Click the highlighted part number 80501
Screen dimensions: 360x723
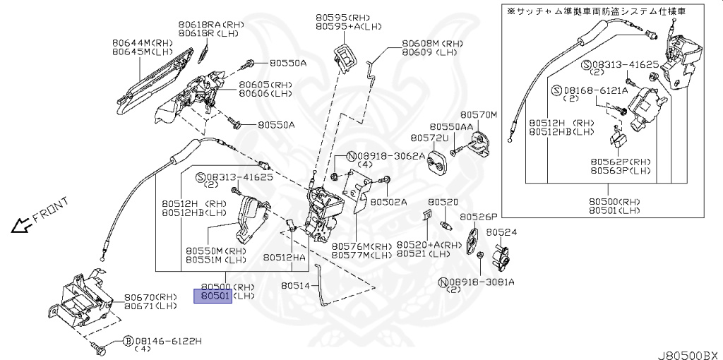tap(213, 296)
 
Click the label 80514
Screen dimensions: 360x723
tap(295, 286)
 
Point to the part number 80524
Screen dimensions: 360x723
tap(501, 232)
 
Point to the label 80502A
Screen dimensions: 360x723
tap(389, 201)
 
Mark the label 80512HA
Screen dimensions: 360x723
tap(285, 258)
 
